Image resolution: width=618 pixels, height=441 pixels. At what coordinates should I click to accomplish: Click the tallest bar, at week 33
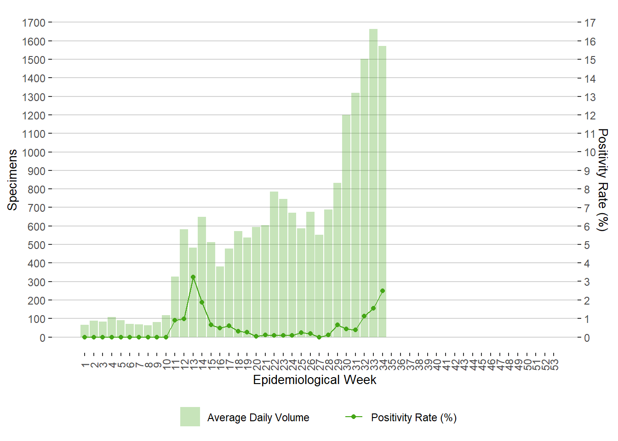373,184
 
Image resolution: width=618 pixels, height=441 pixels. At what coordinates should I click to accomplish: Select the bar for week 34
382,193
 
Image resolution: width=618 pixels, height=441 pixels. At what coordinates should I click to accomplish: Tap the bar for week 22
274,264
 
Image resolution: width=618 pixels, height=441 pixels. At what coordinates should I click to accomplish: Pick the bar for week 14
202,276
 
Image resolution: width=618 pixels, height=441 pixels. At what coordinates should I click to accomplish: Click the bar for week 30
346,225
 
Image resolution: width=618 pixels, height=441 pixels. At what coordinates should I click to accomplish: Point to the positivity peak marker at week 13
193,277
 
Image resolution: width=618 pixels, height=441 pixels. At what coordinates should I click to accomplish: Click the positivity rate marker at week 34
383,291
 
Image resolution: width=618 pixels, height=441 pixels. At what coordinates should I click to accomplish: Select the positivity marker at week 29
338,325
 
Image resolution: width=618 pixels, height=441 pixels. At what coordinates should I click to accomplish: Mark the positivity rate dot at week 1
85,337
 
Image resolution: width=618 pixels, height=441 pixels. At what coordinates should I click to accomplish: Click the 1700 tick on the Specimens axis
34,23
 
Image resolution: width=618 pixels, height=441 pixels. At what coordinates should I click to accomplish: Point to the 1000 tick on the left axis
34,153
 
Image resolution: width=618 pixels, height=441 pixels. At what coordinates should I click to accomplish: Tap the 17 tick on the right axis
590,23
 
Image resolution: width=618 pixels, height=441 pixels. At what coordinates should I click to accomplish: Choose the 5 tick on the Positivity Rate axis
587,245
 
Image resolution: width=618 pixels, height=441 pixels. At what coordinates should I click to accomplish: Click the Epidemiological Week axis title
315,380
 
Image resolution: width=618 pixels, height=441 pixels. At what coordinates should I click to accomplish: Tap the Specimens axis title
12,180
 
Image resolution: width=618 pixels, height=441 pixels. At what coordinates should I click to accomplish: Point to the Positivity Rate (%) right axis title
602,180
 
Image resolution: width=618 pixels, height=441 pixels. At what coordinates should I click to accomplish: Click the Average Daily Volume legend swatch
190,417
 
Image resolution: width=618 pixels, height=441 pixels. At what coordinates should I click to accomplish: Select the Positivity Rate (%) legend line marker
354,417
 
